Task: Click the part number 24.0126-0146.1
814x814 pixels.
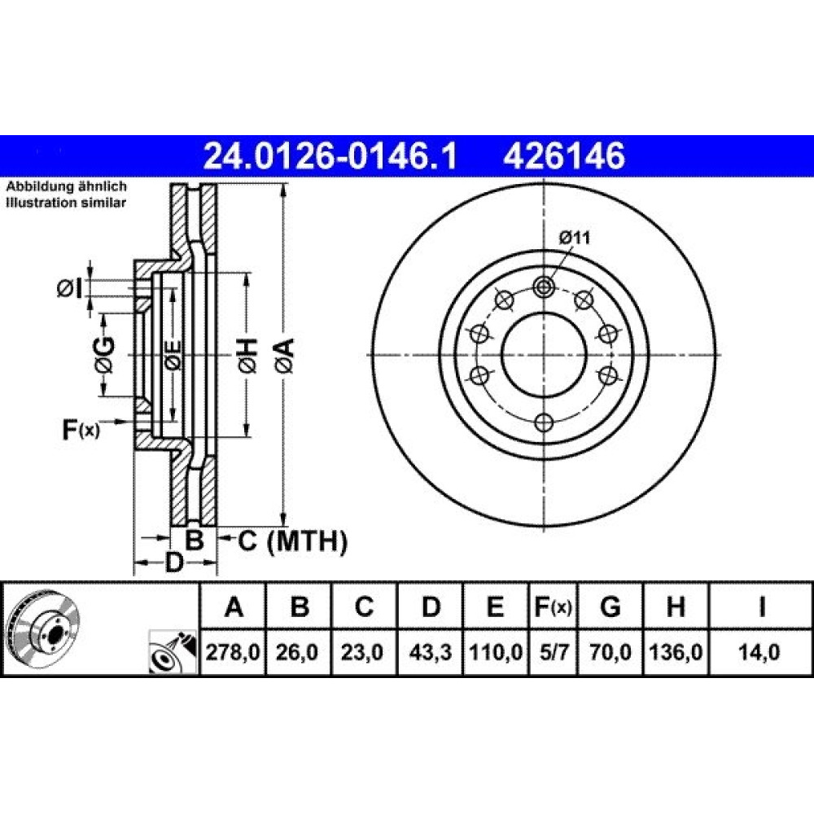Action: [x=330, y=156]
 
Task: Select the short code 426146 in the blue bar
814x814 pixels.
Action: [x=564, y=156]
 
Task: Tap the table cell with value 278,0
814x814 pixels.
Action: [x=233, y=651]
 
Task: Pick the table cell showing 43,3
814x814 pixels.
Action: [x=430, y=651]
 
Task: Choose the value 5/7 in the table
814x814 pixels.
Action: [x=554, y=651]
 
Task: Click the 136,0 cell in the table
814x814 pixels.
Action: [x=676, y=651]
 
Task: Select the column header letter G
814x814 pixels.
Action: [x=610, y=606]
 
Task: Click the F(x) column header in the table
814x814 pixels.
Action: [x=554, y=606]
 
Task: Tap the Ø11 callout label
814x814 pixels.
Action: [x=575, y=239]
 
